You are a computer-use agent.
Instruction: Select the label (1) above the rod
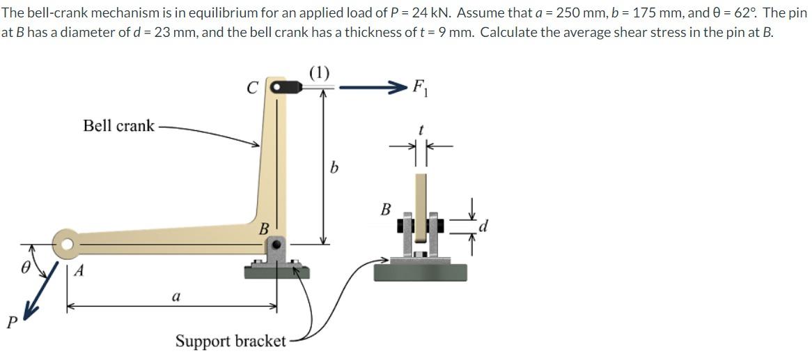[x=320, y=72]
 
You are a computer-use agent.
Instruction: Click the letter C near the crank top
[x=253, y=88]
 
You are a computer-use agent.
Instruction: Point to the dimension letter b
[x=334, y=169]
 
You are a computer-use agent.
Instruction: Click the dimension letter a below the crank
[x=177, y=296]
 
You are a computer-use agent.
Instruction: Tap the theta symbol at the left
[x=26, y=267]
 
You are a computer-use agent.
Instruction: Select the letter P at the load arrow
[x=10, y=322]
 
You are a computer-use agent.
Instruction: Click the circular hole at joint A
[x=67, y=244]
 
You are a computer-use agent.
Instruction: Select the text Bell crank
[x=118, y=126]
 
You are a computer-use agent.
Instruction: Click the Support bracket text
[x=231, y=341]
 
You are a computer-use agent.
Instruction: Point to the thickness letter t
[x=421, y=130]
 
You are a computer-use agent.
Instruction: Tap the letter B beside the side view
[x=385, y=208]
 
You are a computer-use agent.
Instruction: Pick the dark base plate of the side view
[x=420, y=271]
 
